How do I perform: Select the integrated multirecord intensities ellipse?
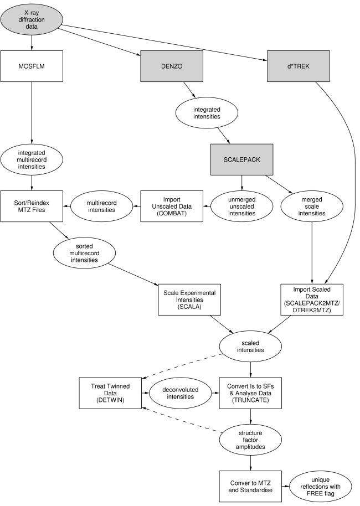[x=32, y=159]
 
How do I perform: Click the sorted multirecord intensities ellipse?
[x=85, y=253]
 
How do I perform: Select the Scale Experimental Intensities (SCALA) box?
[x=189, y=300]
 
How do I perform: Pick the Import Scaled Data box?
[x=312, y=300]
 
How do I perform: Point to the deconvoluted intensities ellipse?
[x=181, y=393]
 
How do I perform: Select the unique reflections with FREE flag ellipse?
[x=321, y=487]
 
